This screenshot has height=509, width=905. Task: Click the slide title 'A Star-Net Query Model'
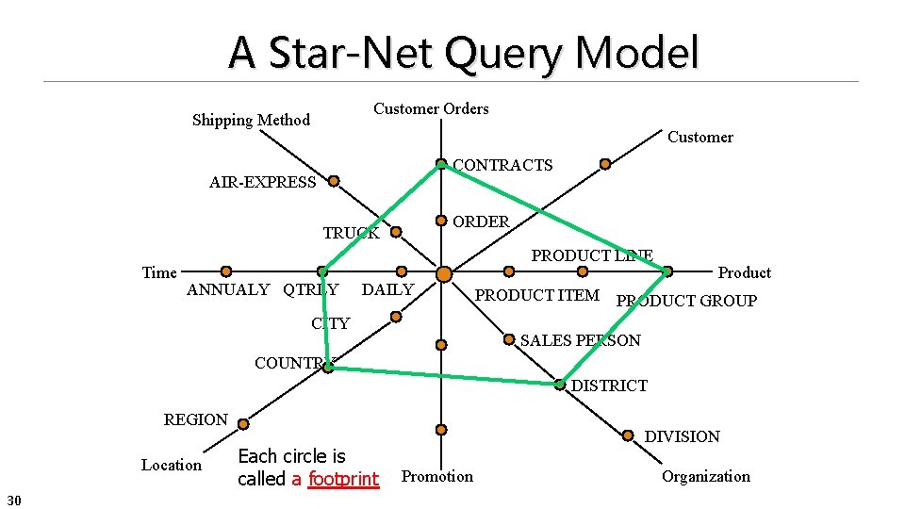(x=463, y=53)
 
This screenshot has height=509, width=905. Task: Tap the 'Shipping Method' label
(x=251, y=120)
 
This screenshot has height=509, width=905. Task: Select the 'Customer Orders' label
(x=431, y=108)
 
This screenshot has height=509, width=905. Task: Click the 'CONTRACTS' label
(x=502, y=165)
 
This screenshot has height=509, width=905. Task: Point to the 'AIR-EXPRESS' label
(x=262, y=182)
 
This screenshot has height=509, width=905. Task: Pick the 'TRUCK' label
(x=351, y=233)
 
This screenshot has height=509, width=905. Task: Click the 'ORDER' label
(x=481, y=222)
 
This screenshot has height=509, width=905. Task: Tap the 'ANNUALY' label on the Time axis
(x=228, y=289)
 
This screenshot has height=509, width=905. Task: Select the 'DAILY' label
(x=387, y=289)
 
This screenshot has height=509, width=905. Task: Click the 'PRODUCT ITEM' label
(x=536, y=295)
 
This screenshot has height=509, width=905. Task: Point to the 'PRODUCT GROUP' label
(x=686, y=301)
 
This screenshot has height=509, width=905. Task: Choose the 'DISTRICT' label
(x=609, y=386)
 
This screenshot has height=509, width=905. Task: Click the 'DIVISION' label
(x=682, y=436)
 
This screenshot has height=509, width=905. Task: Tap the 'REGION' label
(x=195, y=419)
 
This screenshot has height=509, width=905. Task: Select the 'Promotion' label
(x=437, y=476)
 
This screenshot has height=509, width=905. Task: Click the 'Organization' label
(x=705, y=476)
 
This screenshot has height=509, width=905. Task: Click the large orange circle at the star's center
(x=444, y=274)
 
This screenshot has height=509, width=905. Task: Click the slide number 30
(x=15, y=498)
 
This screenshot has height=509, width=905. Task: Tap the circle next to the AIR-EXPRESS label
(x=334, y=180)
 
